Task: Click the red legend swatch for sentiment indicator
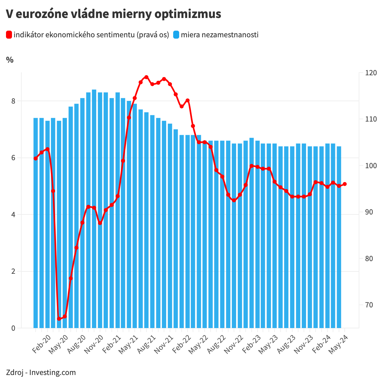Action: click(9, 35)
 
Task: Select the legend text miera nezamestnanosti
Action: click(220, 35)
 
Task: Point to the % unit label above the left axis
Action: click(10, 60)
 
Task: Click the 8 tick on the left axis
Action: click(13, 101)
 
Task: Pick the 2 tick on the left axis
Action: click(13, 271)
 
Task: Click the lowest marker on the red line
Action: click(59, 319)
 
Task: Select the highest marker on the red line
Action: click(146, 77)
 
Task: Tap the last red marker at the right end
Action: click(345, 184)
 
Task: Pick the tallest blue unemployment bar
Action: click(94, 209)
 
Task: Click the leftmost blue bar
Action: click(36, 223)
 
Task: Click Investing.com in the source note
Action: click(53, 372)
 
